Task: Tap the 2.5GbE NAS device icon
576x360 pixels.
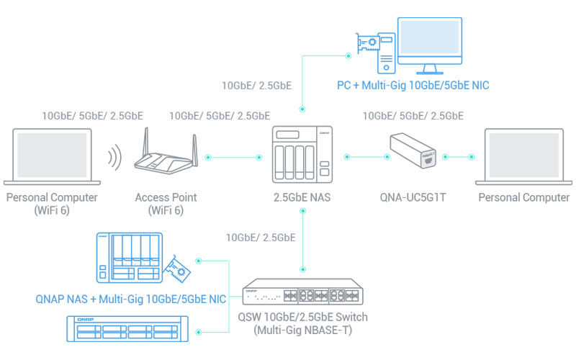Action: coord(302,154)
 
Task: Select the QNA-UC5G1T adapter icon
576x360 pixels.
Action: coord(413,150)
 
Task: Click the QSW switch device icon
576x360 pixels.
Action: coord(302,292)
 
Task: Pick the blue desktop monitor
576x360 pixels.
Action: coord(430,45)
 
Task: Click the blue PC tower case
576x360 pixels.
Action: coord(387,53)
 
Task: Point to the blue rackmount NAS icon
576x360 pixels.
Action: coord(127,328)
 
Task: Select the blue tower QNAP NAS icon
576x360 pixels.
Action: coord(130,258)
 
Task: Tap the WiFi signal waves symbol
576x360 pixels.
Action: coord(114,157)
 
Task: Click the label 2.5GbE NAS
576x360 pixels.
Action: coord(302,197)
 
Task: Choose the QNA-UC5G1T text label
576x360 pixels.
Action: coord(413,197)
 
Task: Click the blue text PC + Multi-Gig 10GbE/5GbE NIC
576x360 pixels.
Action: coord(413,85)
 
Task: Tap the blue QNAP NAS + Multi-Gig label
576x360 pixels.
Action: coord(131,299)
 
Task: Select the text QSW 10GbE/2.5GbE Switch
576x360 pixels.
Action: coord(302,317)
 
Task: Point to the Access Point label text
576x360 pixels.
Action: coord(166,197)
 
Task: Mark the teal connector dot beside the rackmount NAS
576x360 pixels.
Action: coord(199,332)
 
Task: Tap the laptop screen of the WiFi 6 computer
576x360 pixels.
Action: coord(52,155)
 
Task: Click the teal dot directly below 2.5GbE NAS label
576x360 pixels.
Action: coord(302,211)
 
